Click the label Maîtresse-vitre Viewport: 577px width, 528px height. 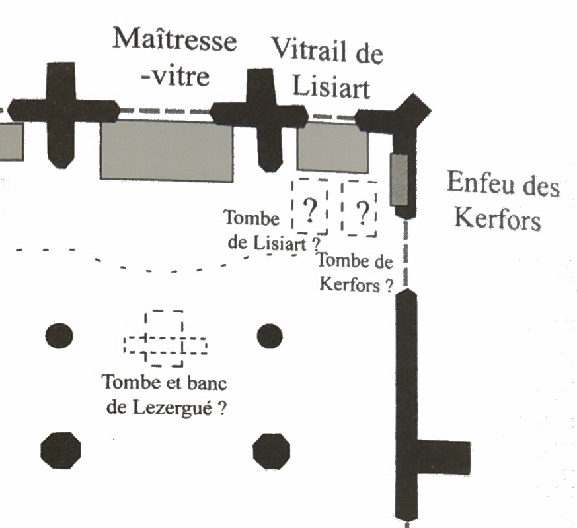pyautogui.click(x=174, y=58)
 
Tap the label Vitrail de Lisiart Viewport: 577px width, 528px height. pyautogui.click(x=328, y=68)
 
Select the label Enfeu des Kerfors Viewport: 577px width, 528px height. pyautogui.click(x=502, y=201)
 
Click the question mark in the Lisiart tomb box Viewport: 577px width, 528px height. pyautogui.click(x=309, y=211)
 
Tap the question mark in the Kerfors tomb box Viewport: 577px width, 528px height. pyautogui.click(x=361, y=212)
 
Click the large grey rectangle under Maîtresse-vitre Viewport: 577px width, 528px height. pyautogui.click(x=167, y=150)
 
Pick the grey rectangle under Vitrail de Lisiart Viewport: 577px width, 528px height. pyautogui.click(x=332, y=148)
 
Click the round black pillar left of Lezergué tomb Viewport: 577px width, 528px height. pyautogui.click(x=59, y=336)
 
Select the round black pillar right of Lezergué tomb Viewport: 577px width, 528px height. pyautogui.click(x=270, y=336)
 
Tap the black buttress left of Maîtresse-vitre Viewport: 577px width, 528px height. pyautogui.click(x=59, y=114)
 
